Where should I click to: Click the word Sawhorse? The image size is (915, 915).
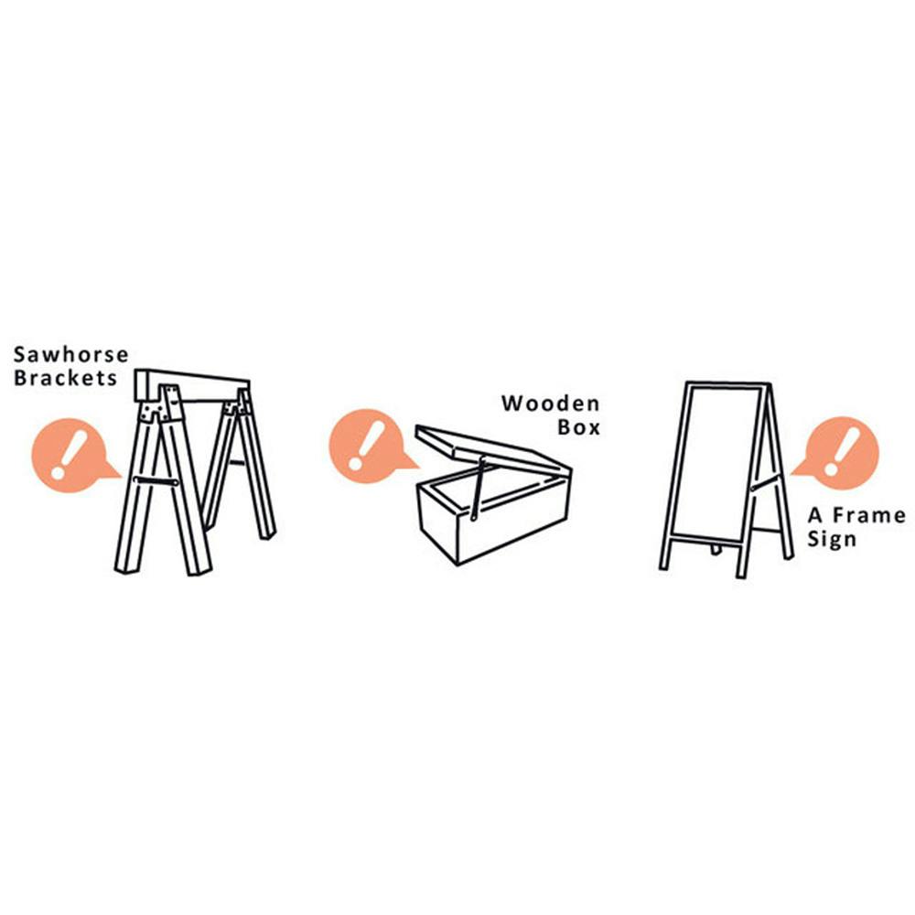pyautogui.click(x=70, y=354)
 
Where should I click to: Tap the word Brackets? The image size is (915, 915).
pyautogui.click(x=65, y=378)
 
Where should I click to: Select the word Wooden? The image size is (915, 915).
pyautogui.click(x=550, y=404)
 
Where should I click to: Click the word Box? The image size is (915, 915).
pyautogui.click(x=578, y=427)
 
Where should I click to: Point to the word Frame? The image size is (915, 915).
pyautogui.click(x=869, y=515)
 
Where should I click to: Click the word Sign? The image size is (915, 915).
pyautogui.click(x=832, y=539)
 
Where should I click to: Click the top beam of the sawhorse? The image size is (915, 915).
pyautogui.click(x=192, y=385)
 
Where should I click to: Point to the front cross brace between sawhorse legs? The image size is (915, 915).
pyautogui.click(x=156, y=481)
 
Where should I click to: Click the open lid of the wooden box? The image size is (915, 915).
pyautogui.click(x=493, y=452)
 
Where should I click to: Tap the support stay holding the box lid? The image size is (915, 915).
pyautogui.click(x=478, y=489)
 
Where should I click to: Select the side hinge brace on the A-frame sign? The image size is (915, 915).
pyautogui.click(x=764, y=482)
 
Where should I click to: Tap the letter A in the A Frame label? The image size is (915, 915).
pyautogui.click(x=815, y=515)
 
